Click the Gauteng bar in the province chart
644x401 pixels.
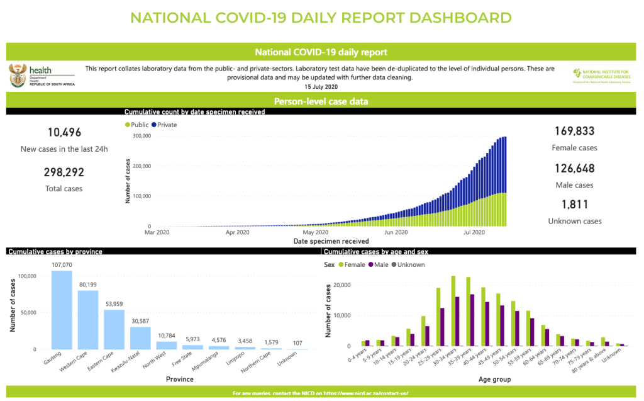click(x=62, y=310)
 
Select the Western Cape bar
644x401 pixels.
click(x=88, y=319)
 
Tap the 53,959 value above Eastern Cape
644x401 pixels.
click(x=114, y=304)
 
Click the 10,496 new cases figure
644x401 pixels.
click(x=65, y=132)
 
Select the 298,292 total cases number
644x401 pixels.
click(x=64, y=172)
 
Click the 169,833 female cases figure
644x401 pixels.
click(x=574, y=132)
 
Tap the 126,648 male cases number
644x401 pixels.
click(x=574, y=169)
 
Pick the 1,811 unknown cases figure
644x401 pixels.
click(x=574, y=205)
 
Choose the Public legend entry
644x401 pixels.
click(x=139, y=125)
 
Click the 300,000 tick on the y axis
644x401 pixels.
click(x=143, y=136)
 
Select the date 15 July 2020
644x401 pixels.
click(x=321, y=86)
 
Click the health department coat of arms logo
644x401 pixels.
click(x=18, y=75)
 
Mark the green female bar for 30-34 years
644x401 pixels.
click(x=453, y=311)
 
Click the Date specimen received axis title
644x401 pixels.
click(x=323, y=241)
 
